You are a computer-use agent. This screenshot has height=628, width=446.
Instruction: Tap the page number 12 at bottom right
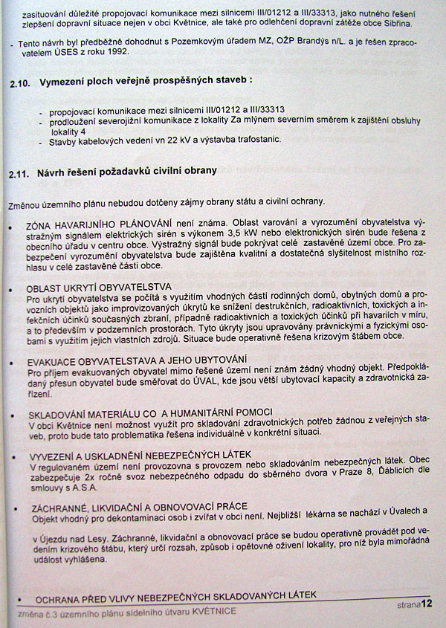[x=426, y=605]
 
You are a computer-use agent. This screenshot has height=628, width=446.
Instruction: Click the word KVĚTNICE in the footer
[x=213, y=611]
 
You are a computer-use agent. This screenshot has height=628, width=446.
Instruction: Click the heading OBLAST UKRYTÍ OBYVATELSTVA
[x=99, y=286]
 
